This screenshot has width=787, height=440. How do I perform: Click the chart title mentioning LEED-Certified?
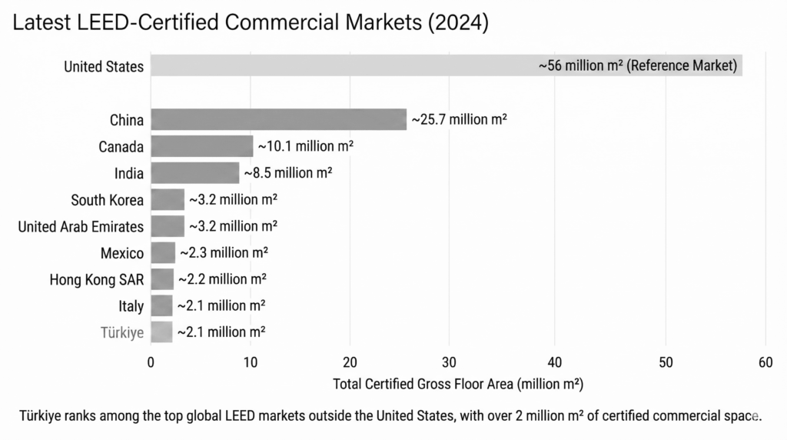[x=251, y=23]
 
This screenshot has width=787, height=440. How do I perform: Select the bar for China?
[x=278, y=119]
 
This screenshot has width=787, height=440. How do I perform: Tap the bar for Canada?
[x=201, y=146]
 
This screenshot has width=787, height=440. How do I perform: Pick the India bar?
[x=194, y=173]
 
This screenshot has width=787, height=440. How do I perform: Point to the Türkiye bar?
[x=161, y=332]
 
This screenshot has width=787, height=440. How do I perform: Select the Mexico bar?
[x=163, y=252]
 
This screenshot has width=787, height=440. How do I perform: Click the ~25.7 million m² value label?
[x=460, y=119]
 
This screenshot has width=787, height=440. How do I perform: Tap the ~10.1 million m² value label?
[x=305, y=146]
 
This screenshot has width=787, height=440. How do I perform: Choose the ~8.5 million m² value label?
[x=288, y=173]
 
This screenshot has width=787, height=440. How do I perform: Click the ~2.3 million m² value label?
[x=224, y=252]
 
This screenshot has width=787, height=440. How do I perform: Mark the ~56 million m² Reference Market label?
[x=638, y=65]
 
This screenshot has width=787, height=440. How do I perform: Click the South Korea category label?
[x=107, y=200]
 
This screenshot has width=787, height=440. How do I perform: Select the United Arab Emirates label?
[x=81, y=226]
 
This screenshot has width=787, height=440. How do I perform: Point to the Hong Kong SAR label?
[x=97, y=279]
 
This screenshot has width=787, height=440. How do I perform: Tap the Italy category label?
[x=131, y=306]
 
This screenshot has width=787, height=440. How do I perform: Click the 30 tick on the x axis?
[x=452, y=362]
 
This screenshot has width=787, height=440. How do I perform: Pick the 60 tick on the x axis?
[x=765, y=362]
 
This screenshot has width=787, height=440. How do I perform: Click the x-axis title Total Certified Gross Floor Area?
[x=458, y=383]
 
